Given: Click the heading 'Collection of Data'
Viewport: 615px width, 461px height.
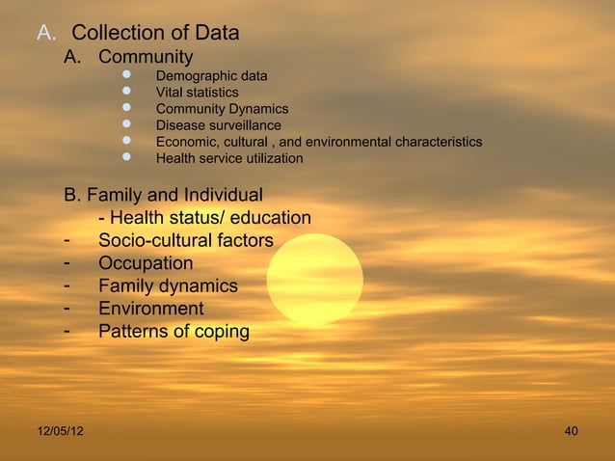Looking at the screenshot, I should point(155,34).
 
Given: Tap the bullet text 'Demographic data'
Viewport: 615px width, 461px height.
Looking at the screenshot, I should point(212,75).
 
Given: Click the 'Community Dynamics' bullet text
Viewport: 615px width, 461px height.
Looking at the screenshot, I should point(222,109).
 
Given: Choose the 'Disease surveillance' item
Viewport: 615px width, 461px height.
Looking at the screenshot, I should point(219,125).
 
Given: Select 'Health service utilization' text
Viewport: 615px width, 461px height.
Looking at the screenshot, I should point(229,158).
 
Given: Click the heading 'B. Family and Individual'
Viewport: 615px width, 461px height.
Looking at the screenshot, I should point(163,196).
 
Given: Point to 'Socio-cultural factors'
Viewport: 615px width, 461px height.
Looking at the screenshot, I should point(186,240).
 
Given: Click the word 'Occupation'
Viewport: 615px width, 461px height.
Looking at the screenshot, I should point(146,263).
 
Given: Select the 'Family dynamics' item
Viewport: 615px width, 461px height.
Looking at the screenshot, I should point(168,286).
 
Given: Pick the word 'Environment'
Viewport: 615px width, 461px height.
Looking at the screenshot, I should point(151,309).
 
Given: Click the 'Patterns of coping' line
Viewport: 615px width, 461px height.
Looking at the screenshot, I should point(174,332).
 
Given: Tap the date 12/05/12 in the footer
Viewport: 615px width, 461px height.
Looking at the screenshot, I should point(60,430).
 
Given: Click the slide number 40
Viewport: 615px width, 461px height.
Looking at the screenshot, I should point(572,430).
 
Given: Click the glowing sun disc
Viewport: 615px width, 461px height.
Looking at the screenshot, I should point(314,279).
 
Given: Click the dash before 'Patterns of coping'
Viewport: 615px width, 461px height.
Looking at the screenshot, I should point(67,331).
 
